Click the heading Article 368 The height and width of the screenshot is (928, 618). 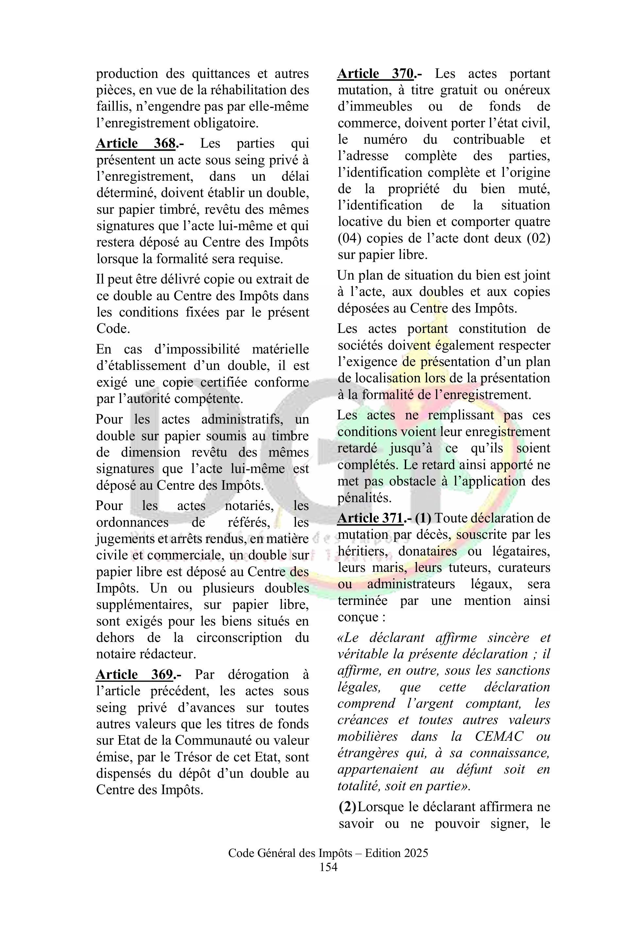(x=136, y=143)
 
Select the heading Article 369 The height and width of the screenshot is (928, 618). (x=134, y=674)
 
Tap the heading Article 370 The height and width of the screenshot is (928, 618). (x=376, y=74)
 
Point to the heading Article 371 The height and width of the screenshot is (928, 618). (x=370, y=518)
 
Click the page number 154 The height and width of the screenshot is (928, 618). (x=328, y=867)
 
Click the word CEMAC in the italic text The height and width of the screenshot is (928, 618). (x=499, y=736)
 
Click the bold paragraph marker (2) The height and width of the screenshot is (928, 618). (x=347, y=807)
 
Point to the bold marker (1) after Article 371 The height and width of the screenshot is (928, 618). (x=423, y=518)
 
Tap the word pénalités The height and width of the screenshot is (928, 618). (x=365, y=498)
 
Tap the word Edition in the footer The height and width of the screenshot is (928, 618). (x=380, y=853)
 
